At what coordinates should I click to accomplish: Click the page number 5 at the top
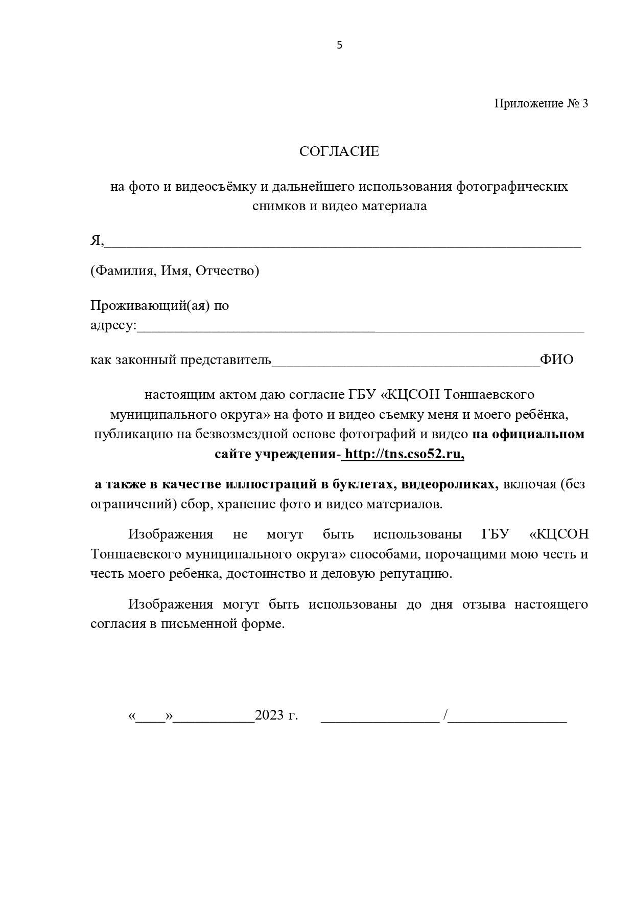pos(339,45)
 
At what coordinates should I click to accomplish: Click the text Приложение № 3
pos(541,103)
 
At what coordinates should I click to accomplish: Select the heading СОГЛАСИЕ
pos(339,151)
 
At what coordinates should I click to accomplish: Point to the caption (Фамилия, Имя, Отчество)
pos(175,271)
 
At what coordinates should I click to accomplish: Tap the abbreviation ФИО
pos(557,360)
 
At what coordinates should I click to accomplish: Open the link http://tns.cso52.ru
pos(404,454)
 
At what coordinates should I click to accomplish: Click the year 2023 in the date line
pos(269,715)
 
